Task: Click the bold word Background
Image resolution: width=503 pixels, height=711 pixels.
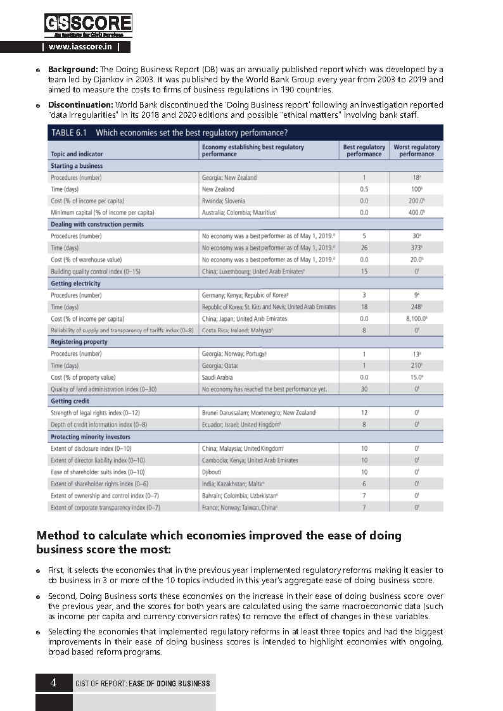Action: (73, 68)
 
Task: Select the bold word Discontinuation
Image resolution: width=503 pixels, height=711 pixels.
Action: (80, 104)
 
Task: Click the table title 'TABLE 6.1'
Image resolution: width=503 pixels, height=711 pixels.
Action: (69, 133)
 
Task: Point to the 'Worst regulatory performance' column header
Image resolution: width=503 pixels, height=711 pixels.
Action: (416, 150)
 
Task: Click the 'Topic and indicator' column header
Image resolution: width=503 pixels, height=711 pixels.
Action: (77, 154)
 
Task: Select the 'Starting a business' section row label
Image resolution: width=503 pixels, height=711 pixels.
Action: (77, 166)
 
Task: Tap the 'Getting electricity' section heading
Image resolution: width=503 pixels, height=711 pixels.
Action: (76, 284)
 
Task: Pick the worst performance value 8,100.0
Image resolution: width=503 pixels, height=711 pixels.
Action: (416, 318)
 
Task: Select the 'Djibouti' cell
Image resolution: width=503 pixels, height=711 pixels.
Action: (213, 472)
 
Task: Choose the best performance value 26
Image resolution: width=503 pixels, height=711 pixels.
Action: (364, 248)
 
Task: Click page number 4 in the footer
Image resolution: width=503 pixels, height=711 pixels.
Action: (54, 683)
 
